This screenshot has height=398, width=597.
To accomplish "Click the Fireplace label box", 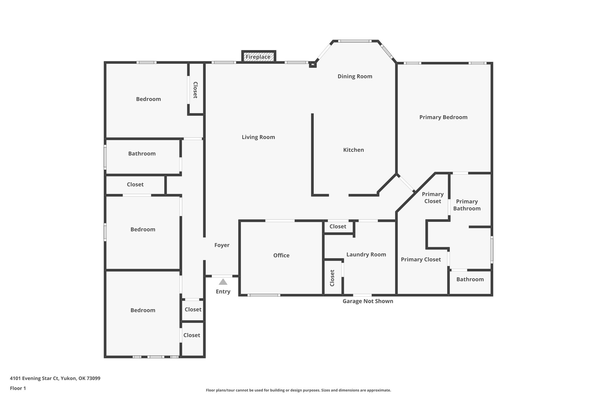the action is point(259,57).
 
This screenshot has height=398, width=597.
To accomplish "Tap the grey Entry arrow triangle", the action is point(223,282).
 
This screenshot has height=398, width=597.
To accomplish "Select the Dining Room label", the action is point(355,76).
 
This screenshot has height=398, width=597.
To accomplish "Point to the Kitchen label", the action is point(353,150).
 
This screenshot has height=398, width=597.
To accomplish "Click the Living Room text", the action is point(258,137).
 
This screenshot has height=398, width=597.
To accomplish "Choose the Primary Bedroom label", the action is point(443,117).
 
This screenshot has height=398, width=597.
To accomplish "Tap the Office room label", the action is point(281,255).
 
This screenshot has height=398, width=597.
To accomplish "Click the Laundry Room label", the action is point(366,255).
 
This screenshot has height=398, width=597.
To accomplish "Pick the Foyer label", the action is point(222,245).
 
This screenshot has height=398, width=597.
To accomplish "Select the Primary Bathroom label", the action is point(467,205).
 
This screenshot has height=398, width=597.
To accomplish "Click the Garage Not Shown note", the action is point(368,301).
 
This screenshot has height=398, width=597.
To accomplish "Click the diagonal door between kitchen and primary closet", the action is point(406,183).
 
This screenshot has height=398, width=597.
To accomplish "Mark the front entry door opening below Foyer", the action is point(222,276).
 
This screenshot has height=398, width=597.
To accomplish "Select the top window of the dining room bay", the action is point(355,41).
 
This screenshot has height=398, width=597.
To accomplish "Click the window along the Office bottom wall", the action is point(264,295).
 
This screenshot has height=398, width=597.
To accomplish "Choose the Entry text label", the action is point(223,292).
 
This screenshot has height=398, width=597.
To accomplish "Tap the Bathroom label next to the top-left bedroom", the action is point(142,154).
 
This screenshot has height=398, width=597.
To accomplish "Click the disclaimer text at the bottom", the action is point(298,390).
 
